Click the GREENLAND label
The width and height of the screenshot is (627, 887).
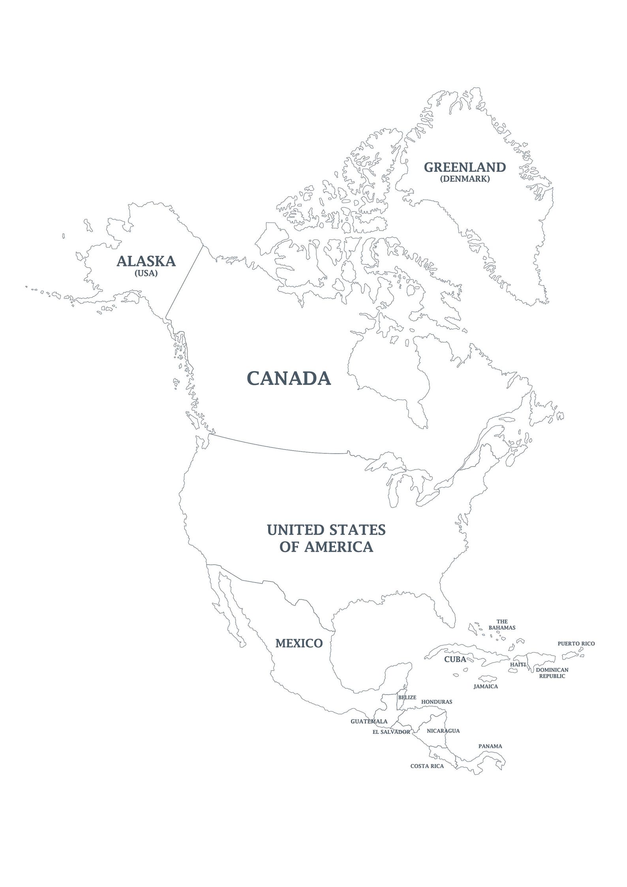click(x=465, y=167)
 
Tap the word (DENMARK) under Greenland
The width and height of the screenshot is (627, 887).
click(x=465, y=179)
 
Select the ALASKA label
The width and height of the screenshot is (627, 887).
click(x=146, y=261)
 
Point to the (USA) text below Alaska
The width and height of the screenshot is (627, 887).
click(x=146, y=273)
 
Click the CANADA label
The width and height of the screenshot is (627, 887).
click(x=289, y=378)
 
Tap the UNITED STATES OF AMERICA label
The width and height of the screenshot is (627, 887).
click(x=326, y=538)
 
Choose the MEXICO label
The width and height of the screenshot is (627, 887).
click(x=299, y=643)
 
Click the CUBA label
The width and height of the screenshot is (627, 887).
click(x=455, y=659)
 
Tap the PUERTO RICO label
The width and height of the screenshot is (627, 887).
click(x=576, y=643)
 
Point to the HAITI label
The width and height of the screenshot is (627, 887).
click(x=518, y=665)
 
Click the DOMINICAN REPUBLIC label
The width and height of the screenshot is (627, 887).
click(x=552, y=673)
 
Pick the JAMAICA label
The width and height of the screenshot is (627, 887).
click(x=486, y=686)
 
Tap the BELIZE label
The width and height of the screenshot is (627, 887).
click(x=407, y=697)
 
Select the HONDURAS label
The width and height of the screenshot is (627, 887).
click(x=437, y=702)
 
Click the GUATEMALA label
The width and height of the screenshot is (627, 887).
click(x=369, y=722)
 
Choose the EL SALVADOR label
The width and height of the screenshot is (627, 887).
click(x=391, y=732)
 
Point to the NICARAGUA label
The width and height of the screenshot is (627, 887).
click(x=443, y=731)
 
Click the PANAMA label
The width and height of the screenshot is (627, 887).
click(x=490, y=746)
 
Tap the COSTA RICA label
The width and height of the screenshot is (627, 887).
click(x=427, y=766)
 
